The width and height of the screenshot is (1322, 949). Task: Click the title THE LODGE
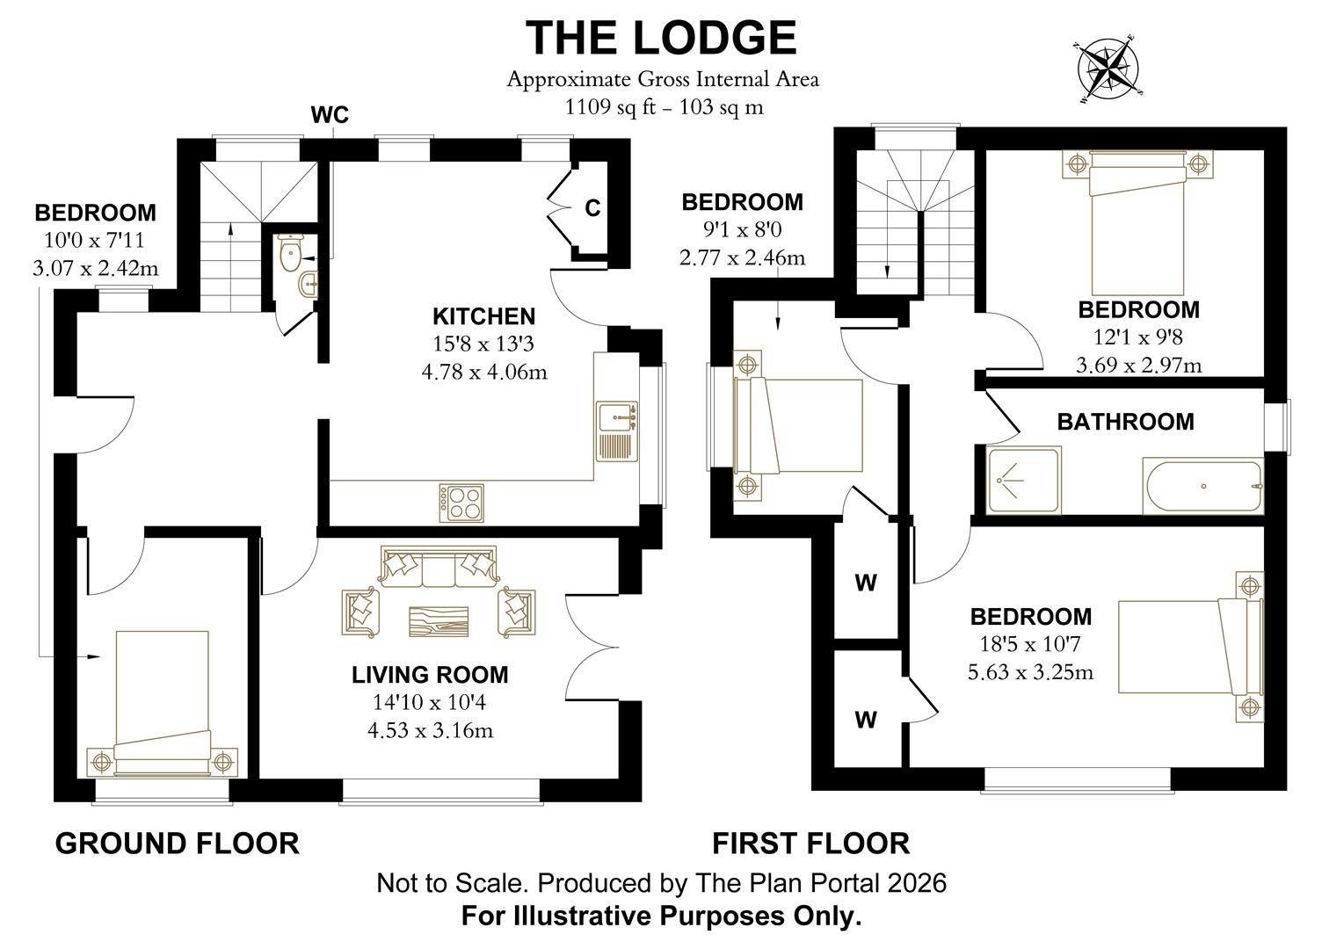tap(661, 38)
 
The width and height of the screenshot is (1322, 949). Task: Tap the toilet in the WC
tap(288, 253)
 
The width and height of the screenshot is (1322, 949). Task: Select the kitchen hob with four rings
tap(461, 503)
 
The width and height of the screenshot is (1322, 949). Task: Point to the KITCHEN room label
tap(483, 316)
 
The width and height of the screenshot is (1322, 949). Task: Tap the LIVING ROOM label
tap(430, 675)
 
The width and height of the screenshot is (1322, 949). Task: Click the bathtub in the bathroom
tap(1202, 486)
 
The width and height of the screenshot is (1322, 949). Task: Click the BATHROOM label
tap(1125, 422)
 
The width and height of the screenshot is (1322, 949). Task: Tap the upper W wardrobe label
tap(866, 583)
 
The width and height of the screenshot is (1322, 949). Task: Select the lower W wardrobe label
tap(866, 720)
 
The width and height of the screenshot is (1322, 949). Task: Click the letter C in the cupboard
tap(593, 208)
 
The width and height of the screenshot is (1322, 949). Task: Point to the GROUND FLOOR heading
tap(177, 843)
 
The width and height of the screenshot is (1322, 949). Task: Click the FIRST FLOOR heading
tap(810, 843)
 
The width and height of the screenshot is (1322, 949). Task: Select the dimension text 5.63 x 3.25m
tap(1030, 672)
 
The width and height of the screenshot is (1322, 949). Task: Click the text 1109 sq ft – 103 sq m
tap(663, 107)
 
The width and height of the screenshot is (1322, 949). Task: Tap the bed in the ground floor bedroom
tap(163, 703)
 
